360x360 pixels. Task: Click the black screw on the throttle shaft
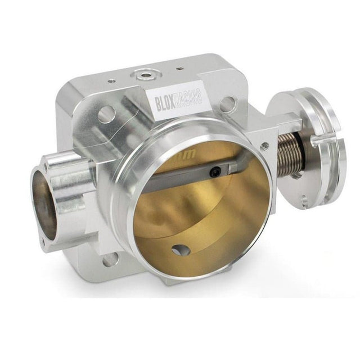tap(214, 173)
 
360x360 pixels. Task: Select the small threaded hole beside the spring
tap(263, 147)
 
